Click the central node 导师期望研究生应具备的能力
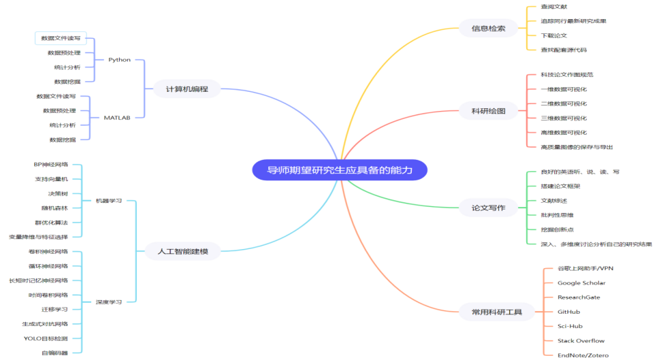340,170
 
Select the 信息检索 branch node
488,29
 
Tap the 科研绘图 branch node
488,111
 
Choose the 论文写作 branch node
488,208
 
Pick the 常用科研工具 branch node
497,312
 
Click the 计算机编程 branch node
187,88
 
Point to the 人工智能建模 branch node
182,251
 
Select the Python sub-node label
119,60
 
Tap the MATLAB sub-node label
117,118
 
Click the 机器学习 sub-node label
109,201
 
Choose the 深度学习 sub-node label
109,302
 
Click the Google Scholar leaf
581,282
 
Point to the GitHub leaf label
568,312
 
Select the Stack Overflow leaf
581,340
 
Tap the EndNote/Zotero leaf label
583,355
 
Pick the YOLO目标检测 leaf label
46,338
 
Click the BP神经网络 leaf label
51,165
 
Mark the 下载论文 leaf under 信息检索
554,35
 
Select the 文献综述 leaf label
554,201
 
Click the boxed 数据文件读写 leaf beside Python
61,38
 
